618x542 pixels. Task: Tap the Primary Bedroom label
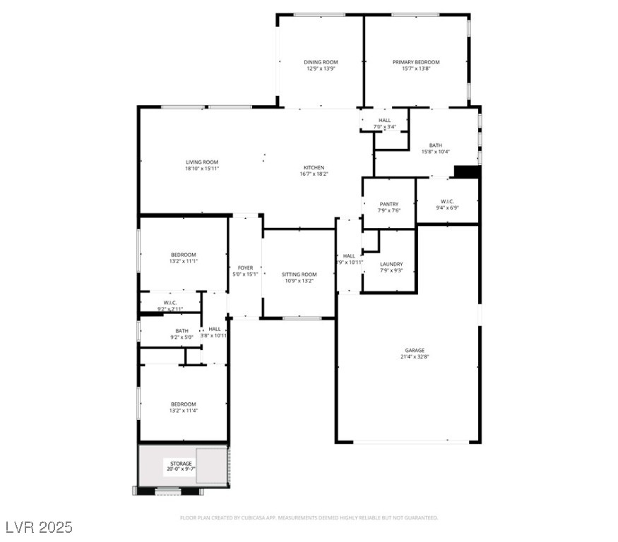(x=416, y=62)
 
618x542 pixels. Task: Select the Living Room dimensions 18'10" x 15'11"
(x=202, y=169)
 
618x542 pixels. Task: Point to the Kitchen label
(x=314, y=167)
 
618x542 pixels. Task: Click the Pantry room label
(x=389, y=204)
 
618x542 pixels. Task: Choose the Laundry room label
(x=391, y=264)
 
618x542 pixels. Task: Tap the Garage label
(x=415, y=350)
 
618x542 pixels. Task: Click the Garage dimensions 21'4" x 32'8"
(x=415, y=357)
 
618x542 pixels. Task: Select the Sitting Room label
(x=299, y=274)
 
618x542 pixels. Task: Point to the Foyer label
(x=245, y=267)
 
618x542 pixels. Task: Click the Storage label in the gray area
(x=181, y=464)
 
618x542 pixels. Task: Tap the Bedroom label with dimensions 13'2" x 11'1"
(x=183, y=255)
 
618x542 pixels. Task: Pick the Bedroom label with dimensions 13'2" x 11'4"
(x=183, y=404)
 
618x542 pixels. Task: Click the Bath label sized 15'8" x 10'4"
(x=436, y=145)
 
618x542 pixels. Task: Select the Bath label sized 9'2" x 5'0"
(x=182, y=330)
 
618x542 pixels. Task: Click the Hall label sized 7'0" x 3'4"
(x=385, y=120)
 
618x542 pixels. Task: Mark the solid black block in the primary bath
(x=467, y=172)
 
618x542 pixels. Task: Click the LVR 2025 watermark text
(x=39, y=527)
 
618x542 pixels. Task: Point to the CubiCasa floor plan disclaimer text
(x=309, y=517)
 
